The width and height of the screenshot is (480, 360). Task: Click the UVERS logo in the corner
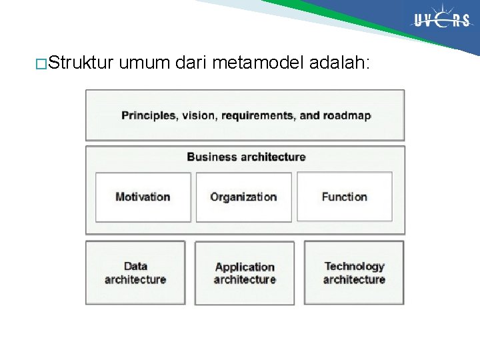coord(441,20)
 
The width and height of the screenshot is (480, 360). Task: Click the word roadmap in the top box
coord(347,115)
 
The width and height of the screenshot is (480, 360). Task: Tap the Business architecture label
coord(245,157)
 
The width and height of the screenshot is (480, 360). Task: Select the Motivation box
coord(143,197)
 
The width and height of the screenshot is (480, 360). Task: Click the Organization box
coord(243,197)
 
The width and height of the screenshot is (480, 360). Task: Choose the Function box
coord(344,197)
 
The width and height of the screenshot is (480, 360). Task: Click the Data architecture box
coord(135,273)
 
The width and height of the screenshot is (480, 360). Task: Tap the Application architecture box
coord(245,273)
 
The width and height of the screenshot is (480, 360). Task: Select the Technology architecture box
coord(354,273)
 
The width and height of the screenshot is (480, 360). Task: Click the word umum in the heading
coord(146,64)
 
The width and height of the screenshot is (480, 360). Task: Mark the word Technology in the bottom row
coord(354,266)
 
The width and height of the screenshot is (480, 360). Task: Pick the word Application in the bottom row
coord(245,267)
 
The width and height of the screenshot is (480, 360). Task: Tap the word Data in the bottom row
coord(135,266)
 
